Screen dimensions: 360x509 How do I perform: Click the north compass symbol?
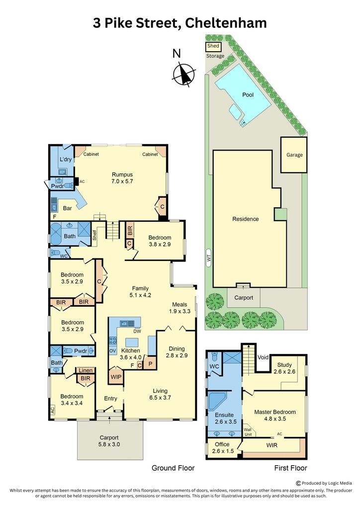pyautogui.click(x=184, y=75)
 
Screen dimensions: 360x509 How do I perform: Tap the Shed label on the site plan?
pyautogui.click(x=213, y=46)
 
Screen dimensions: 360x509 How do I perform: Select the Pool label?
pyautogui.click(x=248, y=95)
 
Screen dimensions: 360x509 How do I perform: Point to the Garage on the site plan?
pyautogui.click(x=294, y=155)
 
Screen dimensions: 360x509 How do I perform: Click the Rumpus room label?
pyautogui.click(x=122, y=178)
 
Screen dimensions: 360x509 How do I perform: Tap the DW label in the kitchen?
pyautogui.click(x=137, y=332)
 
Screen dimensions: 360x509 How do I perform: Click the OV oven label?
pyautogui.click(x=112, y=351)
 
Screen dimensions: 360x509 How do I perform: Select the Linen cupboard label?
pyautogui.click(x=86, y=370)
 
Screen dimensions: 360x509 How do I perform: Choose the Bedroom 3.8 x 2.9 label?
pyautogui.click(x=160, y=241)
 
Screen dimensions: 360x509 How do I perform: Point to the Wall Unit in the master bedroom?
pyautogui.click(x=248, y=432)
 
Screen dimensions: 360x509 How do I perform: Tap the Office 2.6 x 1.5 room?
pyautogui.click(x=223, y=448)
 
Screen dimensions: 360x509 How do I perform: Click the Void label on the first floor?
pyautogui.click(x=263, y=357)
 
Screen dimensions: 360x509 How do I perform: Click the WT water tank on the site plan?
pyautogui.click(x=209, y=258)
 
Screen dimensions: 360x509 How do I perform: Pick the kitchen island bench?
pyautogui.click(x=132, y=342)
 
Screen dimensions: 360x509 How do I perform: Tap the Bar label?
pyautogui.click(x=68, y=208)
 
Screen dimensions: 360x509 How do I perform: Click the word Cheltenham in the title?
pyautogui.click(x=226, y=23)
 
